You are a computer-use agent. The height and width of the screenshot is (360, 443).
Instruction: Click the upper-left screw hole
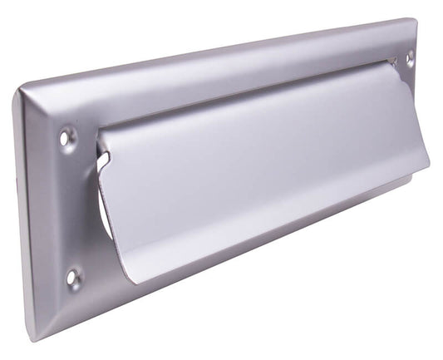pos(68,136)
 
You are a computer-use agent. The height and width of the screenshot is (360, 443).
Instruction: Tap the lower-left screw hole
pos(74,278)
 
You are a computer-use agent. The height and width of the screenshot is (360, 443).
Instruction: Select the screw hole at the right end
pos(409,59)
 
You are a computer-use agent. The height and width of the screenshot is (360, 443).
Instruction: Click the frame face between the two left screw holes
pos(71,208)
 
